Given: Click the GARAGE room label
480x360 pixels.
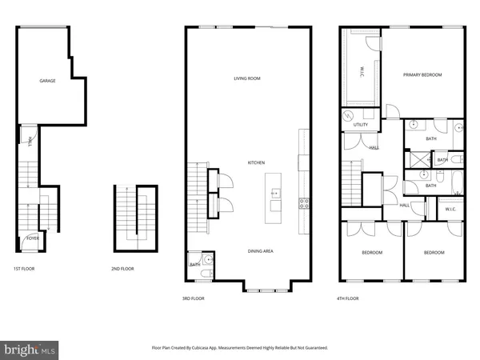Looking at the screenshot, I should tap(48, 82).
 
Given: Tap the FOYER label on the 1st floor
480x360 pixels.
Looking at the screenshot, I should tap(34, 238).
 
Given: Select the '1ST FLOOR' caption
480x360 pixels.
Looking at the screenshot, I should tap(23, 270).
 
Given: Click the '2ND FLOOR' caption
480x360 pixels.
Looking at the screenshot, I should tap(122, 270).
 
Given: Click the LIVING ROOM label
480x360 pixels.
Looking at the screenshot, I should tap(247, 78).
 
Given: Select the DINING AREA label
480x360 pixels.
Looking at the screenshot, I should tap(260, 251).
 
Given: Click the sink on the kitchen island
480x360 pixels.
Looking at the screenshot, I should tap(274, 193).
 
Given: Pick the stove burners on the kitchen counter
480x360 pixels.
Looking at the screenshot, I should tap(303, 202).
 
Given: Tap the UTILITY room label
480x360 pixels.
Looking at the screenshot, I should tap(360, 125).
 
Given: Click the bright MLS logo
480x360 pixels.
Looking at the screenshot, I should tap(30, 349).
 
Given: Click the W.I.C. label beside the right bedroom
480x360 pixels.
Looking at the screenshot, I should tap(450, 210).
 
